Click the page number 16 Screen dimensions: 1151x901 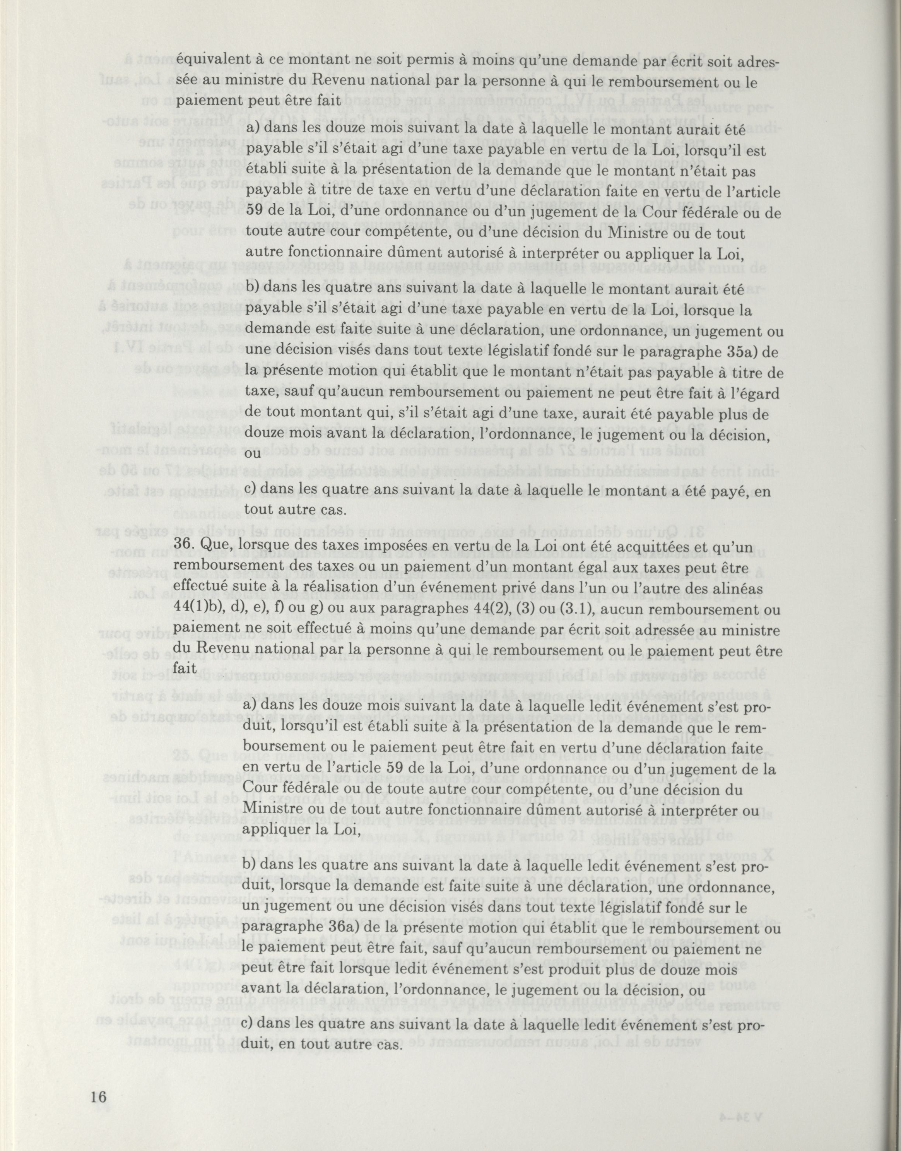pyautogui.click(x=99, y=1038)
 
